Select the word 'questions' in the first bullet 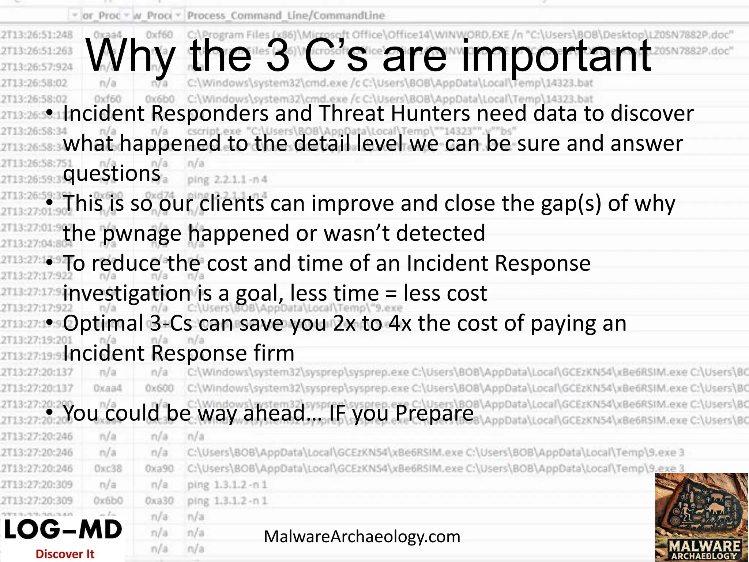112,173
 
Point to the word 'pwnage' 142,233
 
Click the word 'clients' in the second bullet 232,203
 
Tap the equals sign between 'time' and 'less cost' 391,293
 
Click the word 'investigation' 127,293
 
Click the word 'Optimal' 103,323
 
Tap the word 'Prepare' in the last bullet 434,413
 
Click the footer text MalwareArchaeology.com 362,537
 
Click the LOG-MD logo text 63,530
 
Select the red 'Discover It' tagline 65,554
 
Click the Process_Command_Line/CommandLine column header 286,16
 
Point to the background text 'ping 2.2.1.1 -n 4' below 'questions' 227,180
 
